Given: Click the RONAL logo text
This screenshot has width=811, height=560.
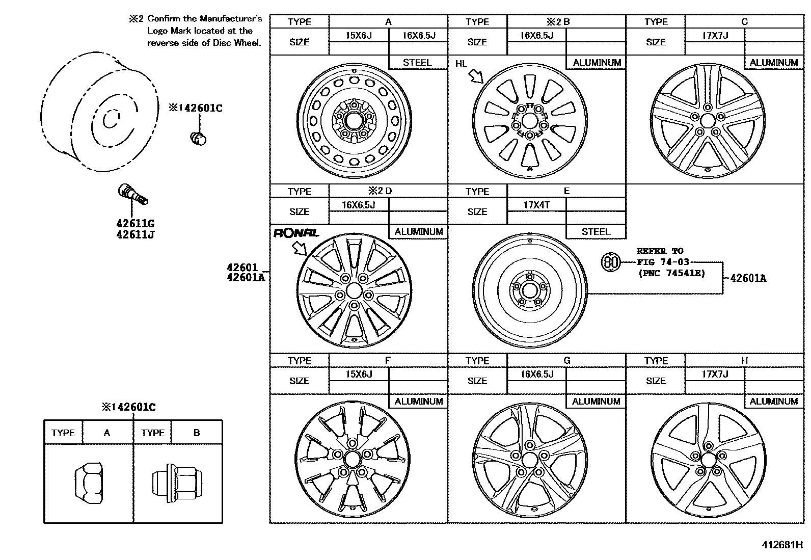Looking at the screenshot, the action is pyautogui.click(x=296, y=233).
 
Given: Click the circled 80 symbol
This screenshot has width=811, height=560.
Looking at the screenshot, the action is pyautogui.click(x=611, y=262).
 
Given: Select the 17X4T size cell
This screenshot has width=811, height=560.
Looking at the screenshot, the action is pyautogui.click(x=536, y=205).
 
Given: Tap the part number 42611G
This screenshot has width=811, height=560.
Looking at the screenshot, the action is pyautogui.click(x=135, y=224).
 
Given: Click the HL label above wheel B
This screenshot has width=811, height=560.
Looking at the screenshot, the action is pyautogui.click(x=461, y=64).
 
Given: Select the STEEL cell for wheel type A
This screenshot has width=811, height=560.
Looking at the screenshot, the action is pyautogui.click(x=417, y=63).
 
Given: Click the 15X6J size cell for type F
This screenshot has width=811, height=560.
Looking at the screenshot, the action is pyautogui.click(x=359, y=375).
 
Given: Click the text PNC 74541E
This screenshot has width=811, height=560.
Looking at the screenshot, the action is pyautogui.click(x=671, y=273).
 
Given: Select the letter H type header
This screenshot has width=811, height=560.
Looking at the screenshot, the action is pyautogui.click(x=744, y=360).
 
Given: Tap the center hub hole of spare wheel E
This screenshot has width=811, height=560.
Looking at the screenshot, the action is pyautogui.click(x=529, y=291).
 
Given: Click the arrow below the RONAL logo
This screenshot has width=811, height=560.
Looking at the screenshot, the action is pyautogui.click(x=300, y=248).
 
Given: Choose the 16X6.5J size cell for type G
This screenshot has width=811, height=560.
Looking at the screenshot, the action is pyautogui.click(x=536, y=375).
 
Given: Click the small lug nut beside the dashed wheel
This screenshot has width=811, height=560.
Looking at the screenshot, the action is pyautogui.click(x=198, y=137).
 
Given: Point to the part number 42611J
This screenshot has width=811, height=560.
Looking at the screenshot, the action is pyautogui.click(x=135, y=235).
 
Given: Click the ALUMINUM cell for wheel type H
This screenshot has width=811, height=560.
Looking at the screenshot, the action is pyautogui.click(x=773, y=402).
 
